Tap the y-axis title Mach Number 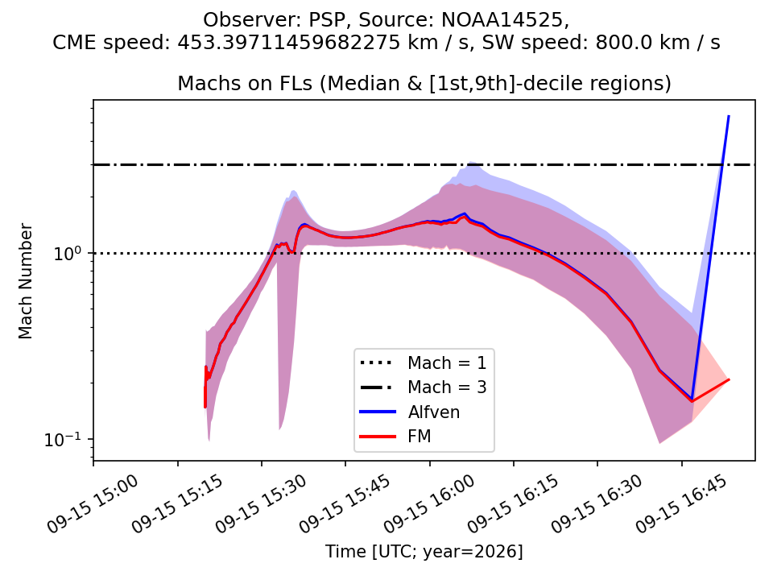coord(25,281)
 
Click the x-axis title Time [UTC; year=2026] coord(424,551)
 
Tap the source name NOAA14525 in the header coord(502,20)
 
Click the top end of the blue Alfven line coord(729,116)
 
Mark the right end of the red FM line coord(729,379)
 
